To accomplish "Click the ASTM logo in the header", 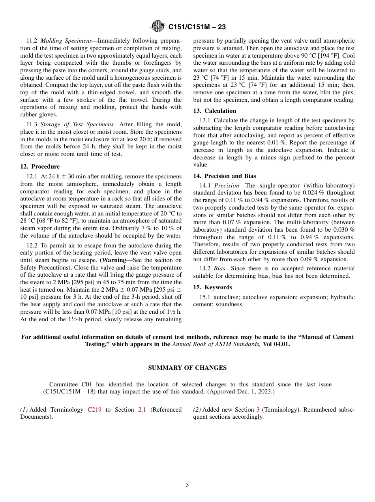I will pyautogui.click(x=158, y=27).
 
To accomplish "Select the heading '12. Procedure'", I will pyautogui.click(x=40, y=167).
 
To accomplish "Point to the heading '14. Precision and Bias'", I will pyautogui.click(x=224, y=176).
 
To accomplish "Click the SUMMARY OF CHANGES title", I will pyautogui.click(x=187, y=368).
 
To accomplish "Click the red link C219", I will pyautogui.click(x=94, y=410).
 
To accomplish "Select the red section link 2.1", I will pyautogui.click(x=142, y=410).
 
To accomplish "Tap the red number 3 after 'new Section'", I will pyautogui.click(x=258, y=410).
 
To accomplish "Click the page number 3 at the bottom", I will pyautogui.click(x=187, y=485).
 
